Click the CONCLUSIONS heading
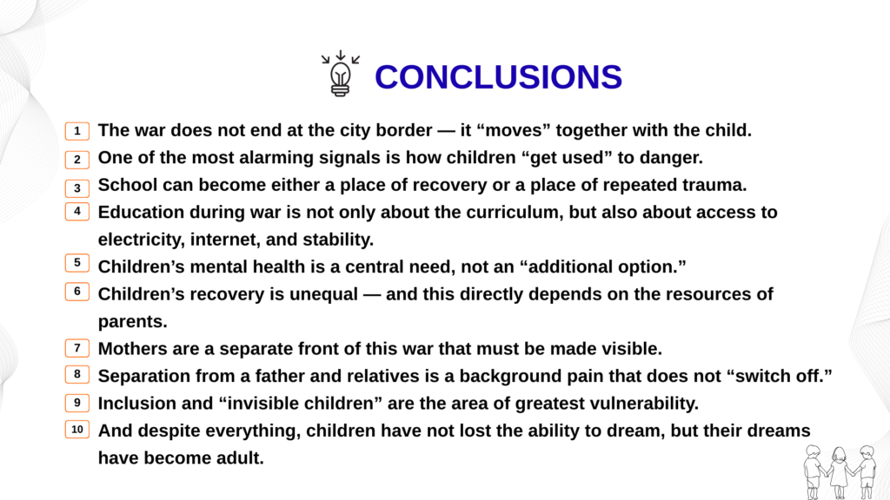click(498, 77)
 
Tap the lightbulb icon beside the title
click(341, 74)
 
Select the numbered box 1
click(77, 131)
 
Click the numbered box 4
click(77, 212)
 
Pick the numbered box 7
click(77, 347)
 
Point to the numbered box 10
click(77, 429)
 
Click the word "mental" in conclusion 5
click(219, 266)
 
